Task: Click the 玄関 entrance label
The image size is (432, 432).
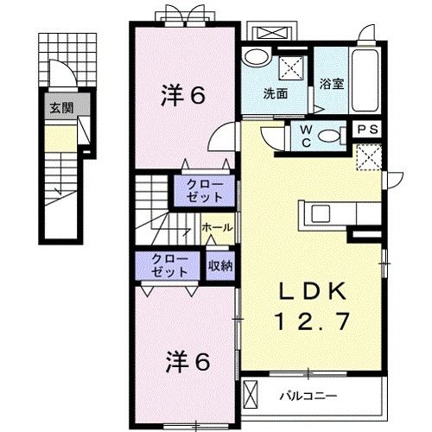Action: pyautogui.click(x=60, y=108)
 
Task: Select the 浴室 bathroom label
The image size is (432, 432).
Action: pyautogui.click(x=331, y=85)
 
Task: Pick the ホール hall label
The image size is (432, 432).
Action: pyautogui.click(x=216, y=226)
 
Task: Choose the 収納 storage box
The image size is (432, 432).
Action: pyautogui.click(x=219, y=265)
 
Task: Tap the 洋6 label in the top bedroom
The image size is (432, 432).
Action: pyautogui.click(x=182, y=96)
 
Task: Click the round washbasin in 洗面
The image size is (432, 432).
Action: pyautogui.click(x=256, y=58)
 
